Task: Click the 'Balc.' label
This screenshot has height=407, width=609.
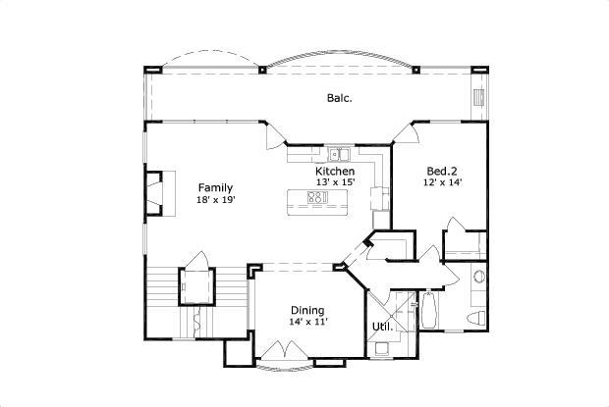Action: coord(340,98)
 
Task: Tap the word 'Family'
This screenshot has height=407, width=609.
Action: coord(215,187)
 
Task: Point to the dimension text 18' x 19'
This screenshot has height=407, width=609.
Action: coord(215,200)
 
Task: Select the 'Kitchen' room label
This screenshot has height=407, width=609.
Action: coord(335,172)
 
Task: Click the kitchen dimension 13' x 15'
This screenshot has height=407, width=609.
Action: coord(335,183)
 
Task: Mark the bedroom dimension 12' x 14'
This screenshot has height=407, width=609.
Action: coord(442,182)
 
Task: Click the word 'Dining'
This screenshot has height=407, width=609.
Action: coord(307,310)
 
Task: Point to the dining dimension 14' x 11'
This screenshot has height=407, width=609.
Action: coord(307,322)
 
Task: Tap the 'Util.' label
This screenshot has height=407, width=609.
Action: coord(382,327)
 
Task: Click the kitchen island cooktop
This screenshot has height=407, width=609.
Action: coord(317,198)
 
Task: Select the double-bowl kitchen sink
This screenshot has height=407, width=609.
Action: coord(339,153)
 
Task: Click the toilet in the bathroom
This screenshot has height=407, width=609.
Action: coord(476,318)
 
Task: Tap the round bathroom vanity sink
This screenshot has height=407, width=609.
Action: coord(478,277)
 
